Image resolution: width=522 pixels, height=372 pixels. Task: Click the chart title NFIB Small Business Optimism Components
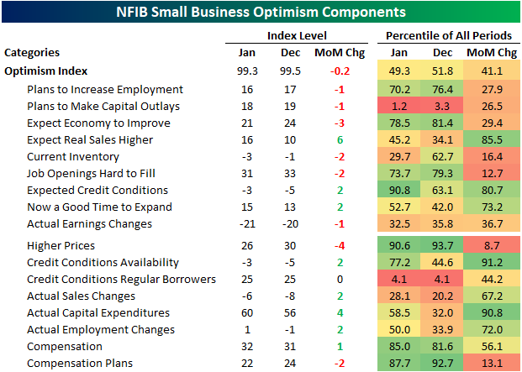click(261, 12)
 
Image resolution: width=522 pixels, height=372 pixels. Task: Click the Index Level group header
click(297, 35)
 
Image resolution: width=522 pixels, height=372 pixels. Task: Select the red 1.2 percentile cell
click(398, 107)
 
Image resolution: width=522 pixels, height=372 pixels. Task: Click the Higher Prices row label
click(60, 246)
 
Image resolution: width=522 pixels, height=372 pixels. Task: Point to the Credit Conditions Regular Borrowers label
click(122, 280)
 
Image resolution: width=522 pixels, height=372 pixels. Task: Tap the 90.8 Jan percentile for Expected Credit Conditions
click(398, 191)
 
